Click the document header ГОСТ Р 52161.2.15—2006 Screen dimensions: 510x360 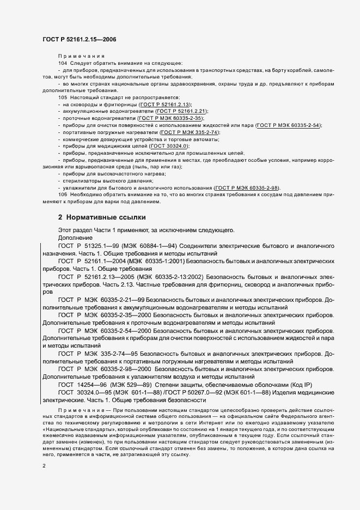pos(79,40)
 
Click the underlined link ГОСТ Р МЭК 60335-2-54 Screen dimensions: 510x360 pos(289,125)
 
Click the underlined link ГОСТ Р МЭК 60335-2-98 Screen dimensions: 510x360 pos(247,188)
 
